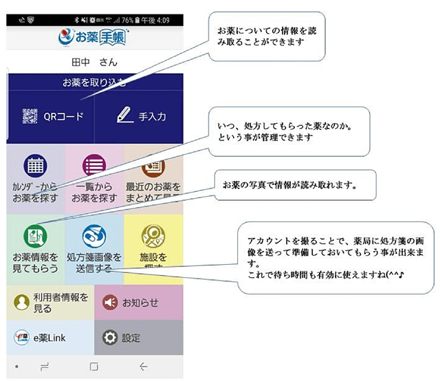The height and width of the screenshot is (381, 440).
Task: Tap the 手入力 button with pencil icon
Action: click(x=141, y=116)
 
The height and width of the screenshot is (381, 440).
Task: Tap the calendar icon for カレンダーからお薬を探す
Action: click(x=35, y=166)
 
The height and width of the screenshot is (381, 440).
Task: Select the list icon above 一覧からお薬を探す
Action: click(x=94, y=166)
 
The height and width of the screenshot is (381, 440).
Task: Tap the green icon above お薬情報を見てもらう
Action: click(x=35, y=237)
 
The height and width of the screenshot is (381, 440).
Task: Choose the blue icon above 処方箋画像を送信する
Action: click(x=94, y=237)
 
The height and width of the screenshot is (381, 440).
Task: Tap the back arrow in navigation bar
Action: click(x=143, y=367)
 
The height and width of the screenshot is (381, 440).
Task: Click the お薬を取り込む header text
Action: click(x=94, y=83)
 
